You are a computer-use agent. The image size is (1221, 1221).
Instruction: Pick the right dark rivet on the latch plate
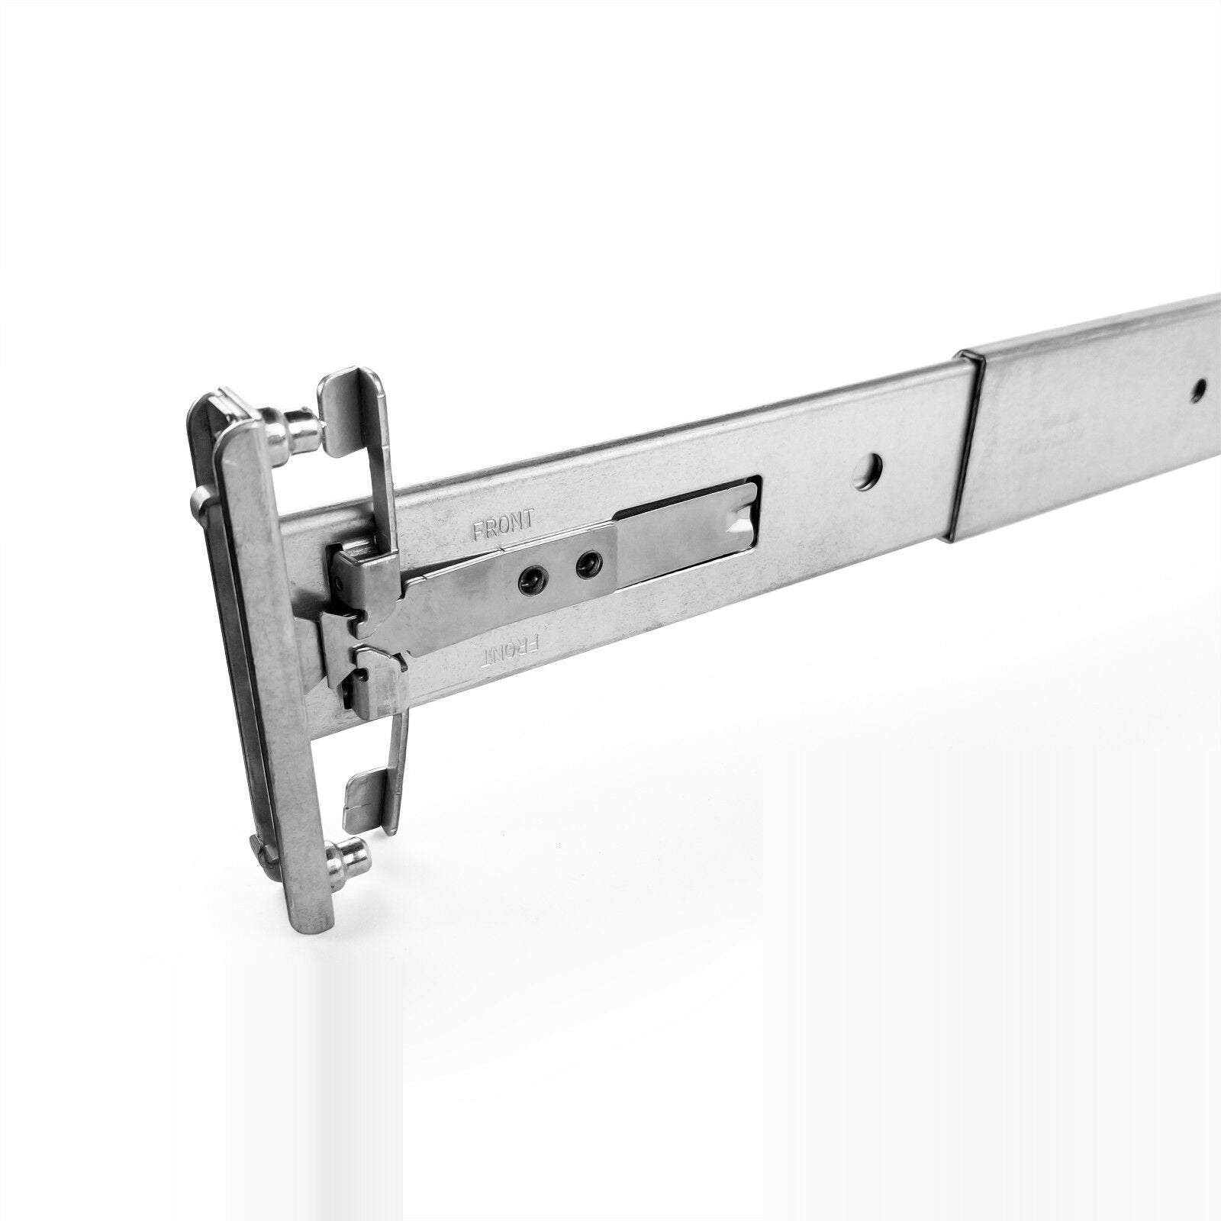click(586, 564)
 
